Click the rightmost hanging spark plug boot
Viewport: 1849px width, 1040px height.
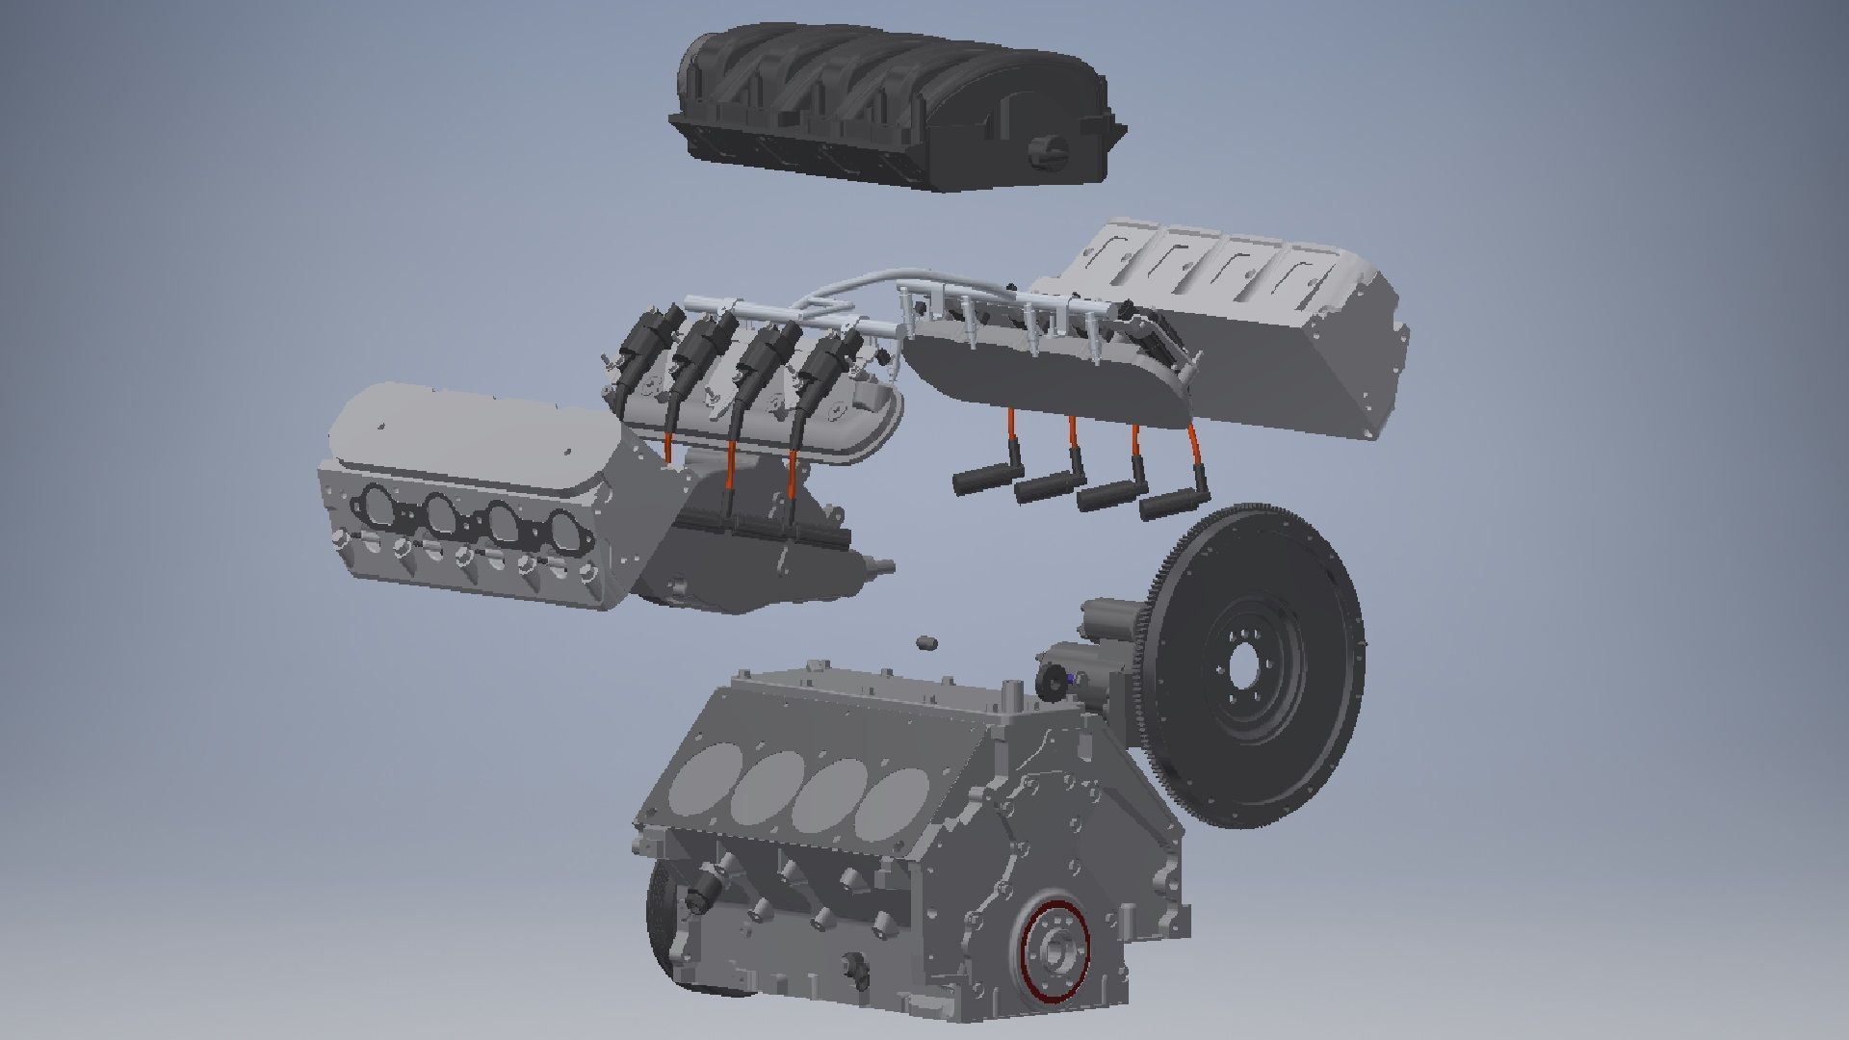(x=1165, y=506)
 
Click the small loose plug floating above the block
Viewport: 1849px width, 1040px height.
(x=926, y=641)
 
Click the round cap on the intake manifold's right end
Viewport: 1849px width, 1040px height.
(x=1048, y=151)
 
